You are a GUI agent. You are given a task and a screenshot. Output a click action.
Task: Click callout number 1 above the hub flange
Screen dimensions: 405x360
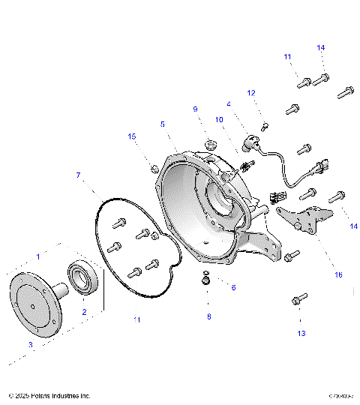[x=37, y=256]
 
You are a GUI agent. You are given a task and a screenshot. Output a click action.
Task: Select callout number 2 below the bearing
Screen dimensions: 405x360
[x=84, y=311]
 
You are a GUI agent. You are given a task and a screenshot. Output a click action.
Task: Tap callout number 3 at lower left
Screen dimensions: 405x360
[x=30, y=344]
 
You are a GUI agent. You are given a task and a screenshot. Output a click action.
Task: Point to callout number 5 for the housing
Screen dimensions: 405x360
[x=161, y=124]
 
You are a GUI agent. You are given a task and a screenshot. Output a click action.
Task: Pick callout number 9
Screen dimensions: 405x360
[x=195, y=109]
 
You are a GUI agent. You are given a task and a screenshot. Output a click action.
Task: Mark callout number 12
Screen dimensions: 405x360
[x=251, y=93]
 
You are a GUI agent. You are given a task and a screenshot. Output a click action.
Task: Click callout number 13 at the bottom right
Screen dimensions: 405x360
[x=301, y=332]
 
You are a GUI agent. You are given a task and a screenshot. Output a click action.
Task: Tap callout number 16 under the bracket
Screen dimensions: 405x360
[x=338, y=275]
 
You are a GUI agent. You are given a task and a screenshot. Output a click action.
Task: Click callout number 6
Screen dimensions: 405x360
[x=232, y=287]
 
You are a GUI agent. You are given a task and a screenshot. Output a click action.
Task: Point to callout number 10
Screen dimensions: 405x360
[x=220, y=119]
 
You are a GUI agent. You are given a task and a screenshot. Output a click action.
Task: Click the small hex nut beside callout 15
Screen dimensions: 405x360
[x=153, y=167]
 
